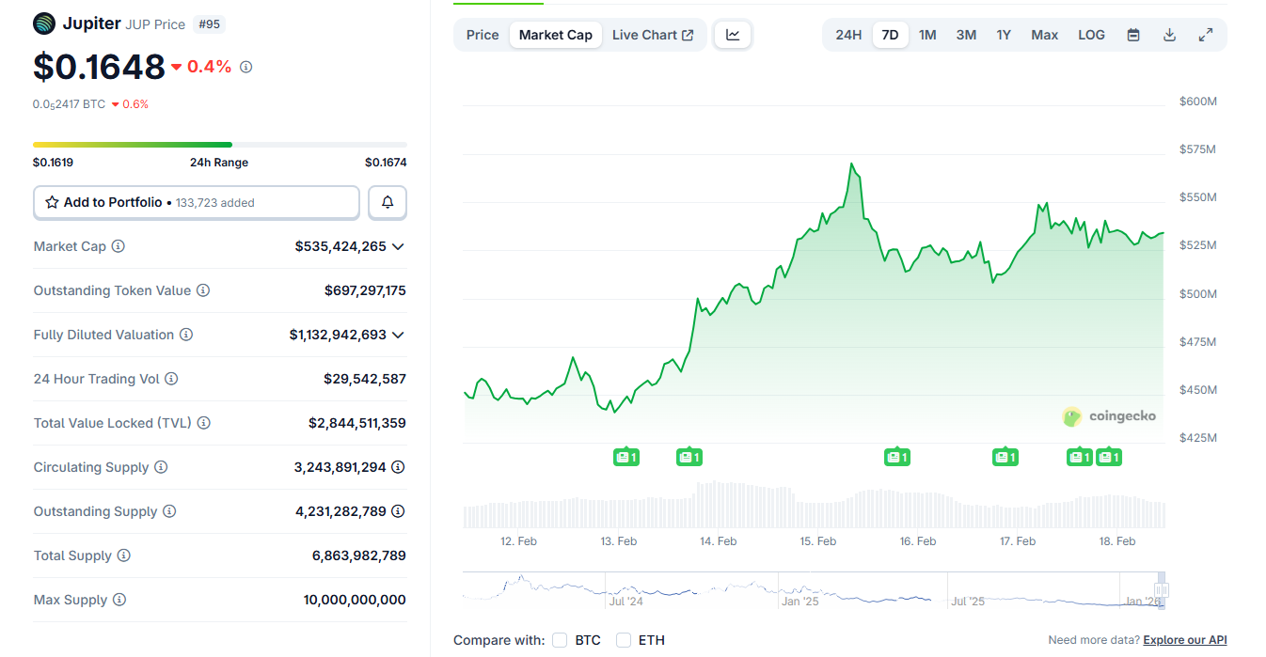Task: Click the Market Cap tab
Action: click(555, 35)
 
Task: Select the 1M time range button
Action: click(927, 35)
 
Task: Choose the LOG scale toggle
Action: click(1091, 35)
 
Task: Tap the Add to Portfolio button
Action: click(197, 202)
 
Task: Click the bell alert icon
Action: click(388, 202)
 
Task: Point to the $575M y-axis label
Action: click(1197, 149)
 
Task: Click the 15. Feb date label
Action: click(818, 541)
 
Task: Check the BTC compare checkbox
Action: click(560, 640)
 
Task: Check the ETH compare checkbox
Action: click(624, 640)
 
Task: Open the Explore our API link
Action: click(1184, 640)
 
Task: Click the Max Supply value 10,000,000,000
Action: click(355, 600)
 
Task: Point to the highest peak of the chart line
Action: click(851, 164)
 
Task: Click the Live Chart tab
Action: click(652, 35)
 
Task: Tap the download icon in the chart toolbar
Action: click(1169, 35)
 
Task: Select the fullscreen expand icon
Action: click(1205, 35)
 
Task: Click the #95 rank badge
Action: click(209, 24)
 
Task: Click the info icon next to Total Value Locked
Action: click(204, 423)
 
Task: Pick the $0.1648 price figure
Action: click(99, 67)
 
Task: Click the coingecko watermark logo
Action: click(1109, 415)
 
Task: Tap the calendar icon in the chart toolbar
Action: click(1133, 35)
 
